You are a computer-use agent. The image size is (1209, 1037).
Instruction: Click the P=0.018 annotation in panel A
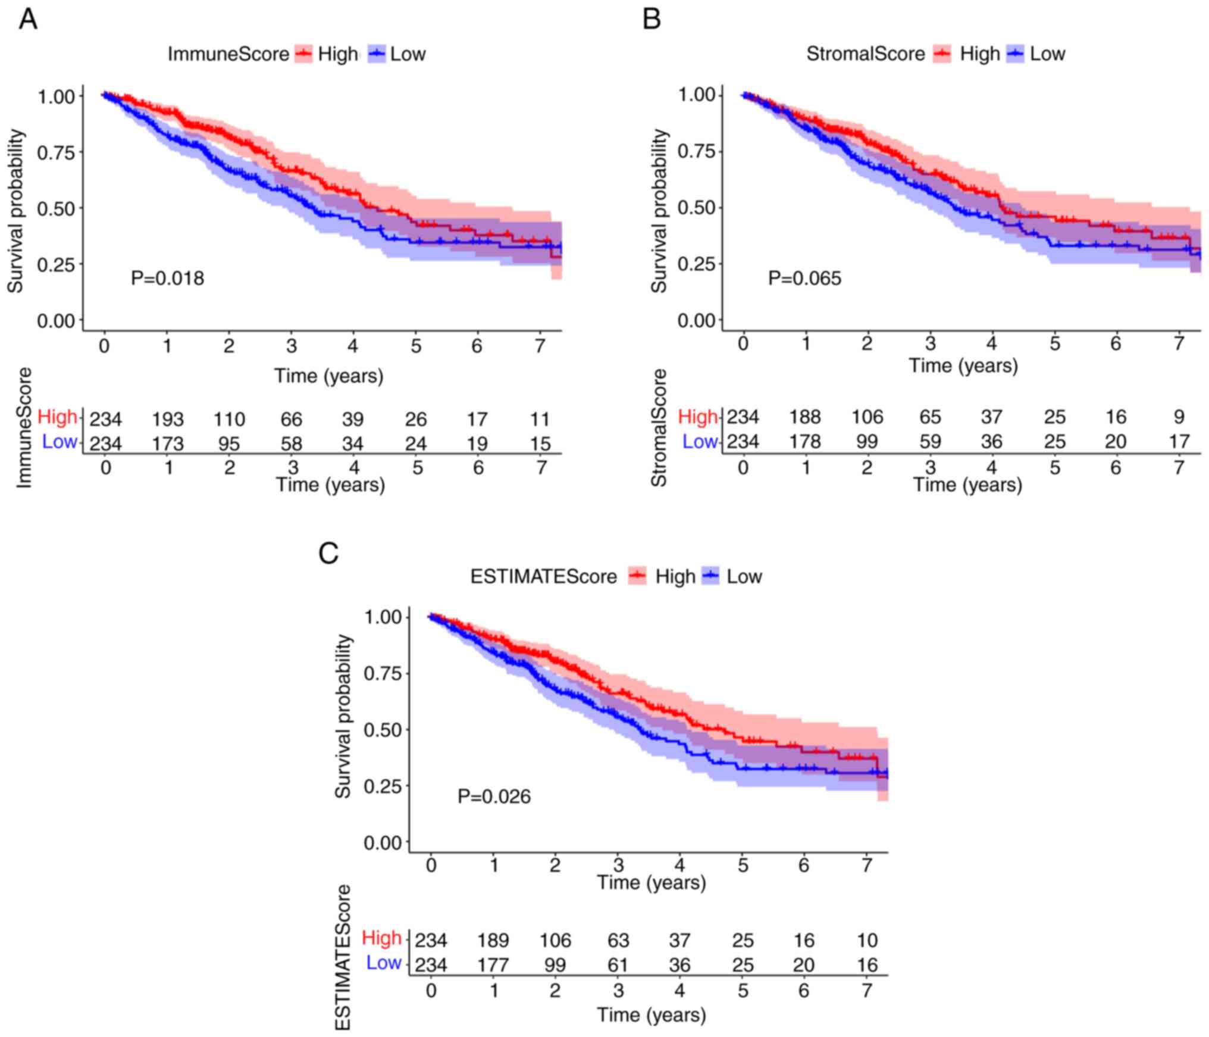pyautogui.click(x=167, y=278)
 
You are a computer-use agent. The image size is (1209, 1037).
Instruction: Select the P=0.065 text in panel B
pyautogui.click(x=804, y=278)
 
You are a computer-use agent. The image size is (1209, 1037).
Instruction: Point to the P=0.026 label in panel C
pyautogui.click(x=494, y=797)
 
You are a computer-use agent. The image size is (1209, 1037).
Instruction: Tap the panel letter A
pyautogui.click(x=28, y=20)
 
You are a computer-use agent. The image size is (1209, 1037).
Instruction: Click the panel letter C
pyautogui.click(x=328, y=553)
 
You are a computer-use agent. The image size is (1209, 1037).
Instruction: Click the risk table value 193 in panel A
pyautogui.click(x=168, y=420)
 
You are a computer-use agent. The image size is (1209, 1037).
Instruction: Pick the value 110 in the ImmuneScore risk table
pyautogui.click(x=229, y=420)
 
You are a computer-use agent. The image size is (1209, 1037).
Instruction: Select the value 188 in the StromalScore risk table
pyautogui.click(x=805, y=417)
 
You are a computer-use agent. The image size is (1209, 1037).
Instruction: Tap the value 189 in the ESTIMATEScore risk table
pyautogui.click(x=493, y=941)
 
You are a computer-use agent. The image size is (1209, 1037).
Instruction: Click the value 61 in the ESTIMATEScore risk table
pyautogui.click(x=618, y=965)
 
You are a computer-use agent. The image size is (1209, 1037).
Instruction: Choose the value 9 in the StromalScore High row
pyautogui.click(x=1179, y=417)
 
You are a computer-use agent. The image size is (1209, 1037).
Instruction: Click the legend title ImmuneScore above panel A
pyautogui.click(x=228, y=54)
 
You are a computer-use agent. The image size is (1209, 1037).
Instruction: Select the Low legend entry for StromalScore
pyautogui.click(x=1047, y=54)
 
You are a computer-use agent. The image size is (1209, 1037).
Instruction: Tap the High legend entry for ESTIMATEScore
pyautogui.click(x=675, y=576)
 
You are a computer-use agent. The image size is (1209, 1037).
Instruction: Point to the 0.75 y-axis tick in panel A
pyautogui.click(x=57, y=152)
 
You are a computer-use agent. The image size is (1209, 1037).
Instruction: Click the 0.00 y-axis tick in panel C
pyautogui.click(x=383, y=842)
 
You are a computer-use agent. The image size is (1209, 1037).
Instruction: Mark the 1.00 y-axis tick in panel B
pyautogui.click(x=697, y=95)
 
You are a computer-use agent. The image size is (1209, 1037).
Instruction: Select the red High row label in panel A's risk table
pyautogui.click(x=57, y=417)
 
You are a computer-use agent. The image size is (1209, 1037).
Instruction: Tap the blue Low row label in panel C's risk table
pyautogui.click(x=383, y=963)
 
